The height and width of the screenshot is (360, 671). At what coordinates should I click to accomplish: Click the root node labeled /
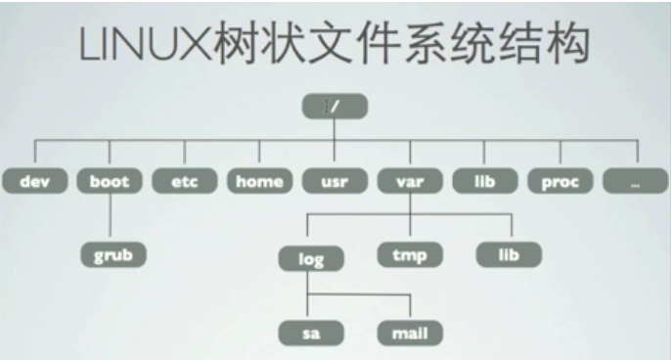334,105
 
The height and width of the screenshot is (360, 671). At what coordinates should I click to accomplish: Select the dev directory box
33,180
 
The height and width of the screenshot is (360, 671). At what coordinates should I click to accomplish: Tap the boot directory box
109,180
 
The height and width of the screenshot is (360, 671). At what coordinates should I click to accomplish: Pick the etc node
184,180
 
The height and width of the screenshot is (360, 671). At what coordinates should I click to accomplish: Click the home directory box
258,180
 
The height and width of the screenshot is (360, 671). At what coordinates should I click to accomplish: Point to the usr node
333,180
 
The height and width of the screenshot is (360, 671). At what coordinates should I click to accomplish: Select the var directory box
408,180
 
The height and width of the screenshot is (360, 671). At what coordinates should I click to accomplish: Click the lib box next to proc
483,180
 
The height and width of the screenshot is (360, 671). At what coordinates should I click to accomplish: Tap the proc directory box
559,180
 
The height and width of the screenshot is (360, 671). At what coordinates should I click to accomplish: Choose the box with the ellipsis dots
635,180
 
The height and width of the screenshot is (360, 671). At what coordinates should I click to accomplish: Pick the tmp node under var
408,256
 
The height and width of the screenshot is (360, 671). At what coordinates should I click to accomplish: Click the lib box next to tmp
509,256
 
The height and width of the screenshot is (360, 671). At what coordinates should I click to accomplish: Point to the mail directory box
408,333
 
